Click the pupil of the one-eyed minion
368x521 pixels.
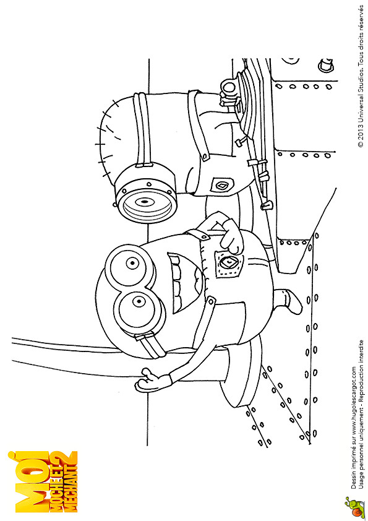[145, 202]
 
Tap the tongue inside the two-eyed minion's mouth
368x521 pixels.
[199, 282]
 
